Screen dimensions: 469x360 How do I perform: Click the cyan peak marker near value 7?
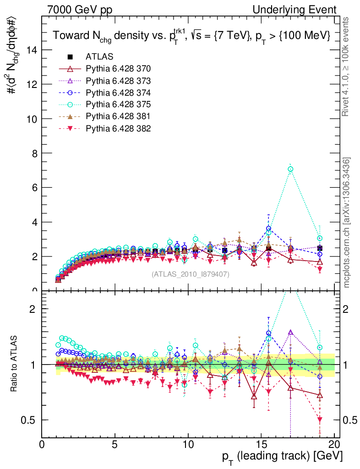click(290, 169)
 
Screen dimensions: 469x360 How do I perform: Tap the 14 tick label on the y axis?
click(31, 50)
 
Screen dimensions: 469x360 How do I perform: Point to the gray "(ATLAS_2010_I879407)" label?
click(190, 274)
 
